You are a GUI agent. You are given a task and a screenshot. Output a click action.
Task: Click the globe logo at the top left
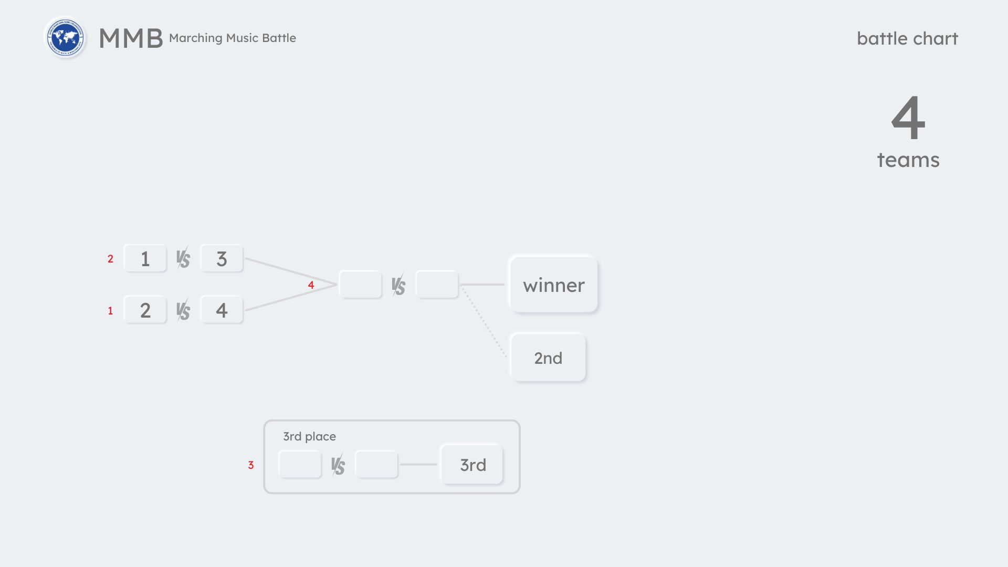tap(65, 38)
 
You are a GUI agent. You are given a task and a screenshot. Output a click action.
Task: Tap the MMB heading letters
tap(131, 38)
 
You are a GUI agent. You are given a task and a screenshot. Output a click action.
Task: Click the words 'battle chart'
tap(907, 38)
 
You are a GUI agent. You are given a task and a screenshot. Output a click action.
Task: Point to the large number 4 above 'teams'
tap(908, 118)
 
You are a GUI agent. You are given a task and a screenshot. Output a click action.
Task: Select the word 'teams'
tap(908, 160)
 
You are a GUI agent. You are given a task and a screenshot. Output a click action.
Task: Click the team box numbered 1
tap(145, 258)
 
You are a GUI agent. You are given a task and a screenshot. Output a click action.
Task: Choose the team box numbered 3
tap(222, 258)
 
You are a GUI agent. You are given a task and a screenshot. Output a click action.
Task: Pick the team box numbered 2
tap(145, 310)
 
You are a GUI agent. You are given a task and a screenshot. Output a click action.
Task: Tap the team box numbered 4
tap(222, 310)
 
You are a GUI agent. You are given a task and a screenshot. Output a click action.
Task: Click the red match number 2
tap(110, 259)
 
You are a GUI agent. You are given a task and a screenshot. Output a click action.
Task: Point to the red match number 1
tap(110, 311)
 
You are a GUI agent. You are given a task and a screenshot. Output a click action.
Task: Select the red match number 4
tap(311, 285)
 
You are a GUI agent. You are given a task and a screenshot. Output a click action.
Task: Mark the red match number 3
tap(251, 465)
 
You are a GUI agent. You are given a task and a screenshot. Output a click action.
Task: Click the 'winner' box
tap(553, 285)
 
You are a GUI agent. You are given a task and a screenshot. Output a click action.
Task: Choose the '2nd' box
tap(548, 358)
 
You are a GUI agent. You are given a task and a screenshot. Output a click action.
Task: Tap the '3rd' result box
tap(472, 465)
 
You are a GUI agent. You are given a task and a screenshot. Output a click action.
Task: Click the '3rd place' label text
tap(309, 436)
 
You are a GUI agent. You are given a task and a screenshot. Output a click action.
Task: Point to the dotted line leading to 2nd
tap(485, 322)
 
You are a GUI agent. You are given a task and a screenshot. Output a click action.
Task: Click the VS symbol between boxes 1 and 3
tap(183, 258)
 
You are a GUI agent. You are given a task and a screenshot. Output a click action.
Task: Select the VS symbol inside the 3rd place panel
tap(338, 465)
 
